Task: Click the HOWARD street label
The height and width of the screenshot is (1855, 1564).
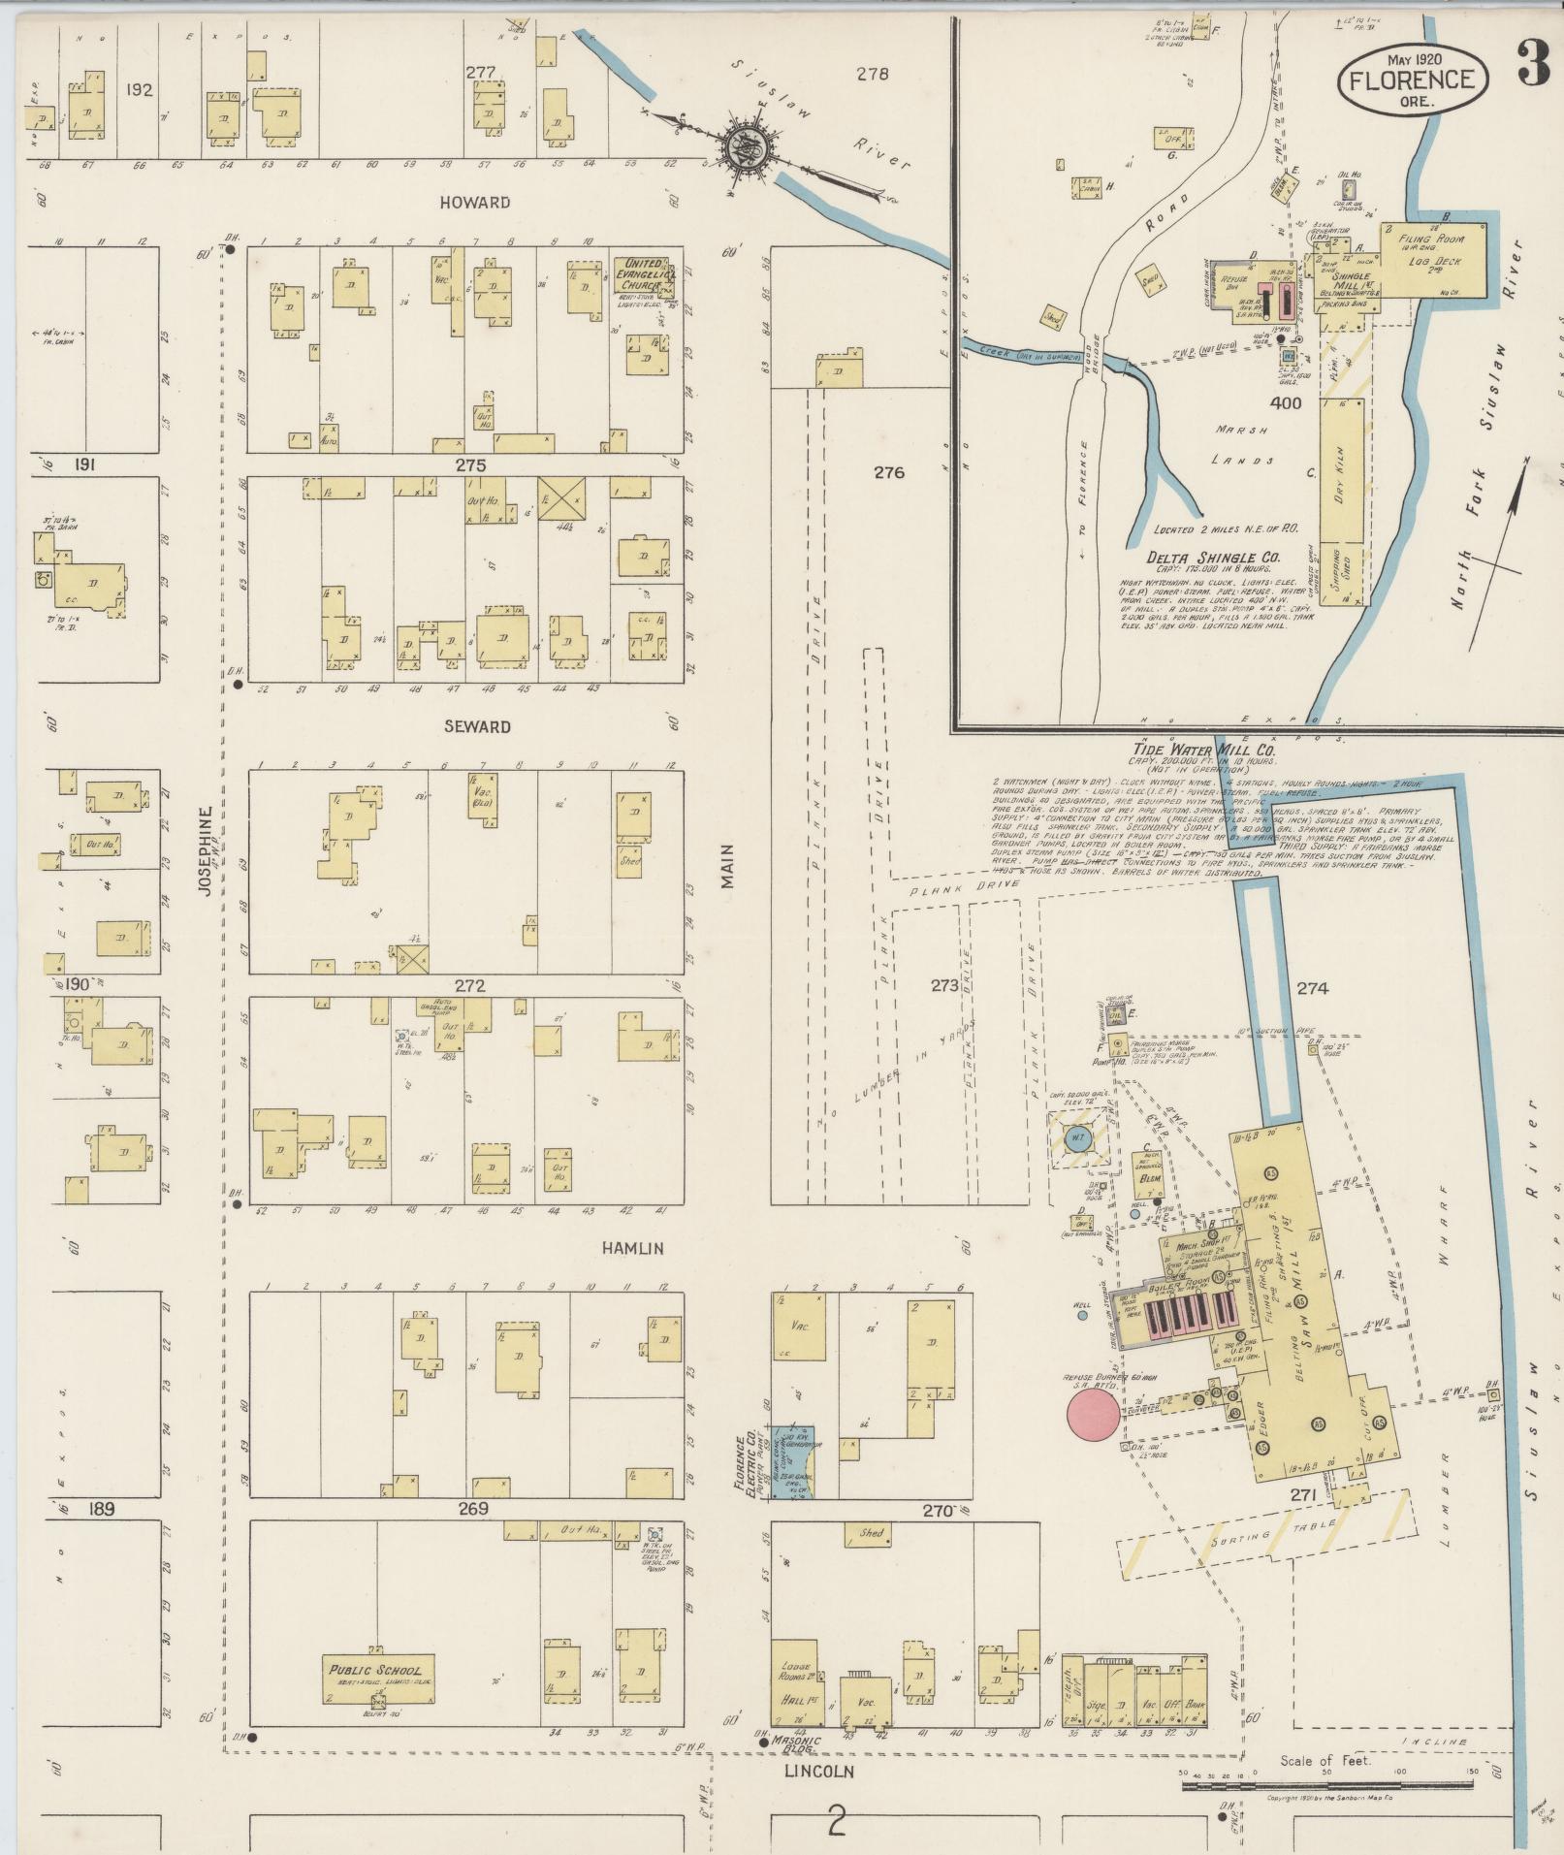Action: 474,203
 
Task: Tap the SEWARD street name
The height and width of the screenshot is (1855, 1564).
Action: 477,726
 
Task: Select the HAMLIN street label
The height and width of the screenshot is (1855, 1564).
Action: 632,1248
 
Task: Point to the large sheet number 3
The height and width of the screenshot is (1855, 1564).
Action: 1532,68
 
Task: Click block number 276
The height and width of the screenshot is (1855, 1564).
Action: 888,472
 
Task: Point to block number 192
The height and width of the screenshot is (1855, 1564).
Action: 140,90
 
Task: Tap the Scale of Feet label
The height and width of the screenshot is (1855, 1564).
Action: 1325,1761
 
